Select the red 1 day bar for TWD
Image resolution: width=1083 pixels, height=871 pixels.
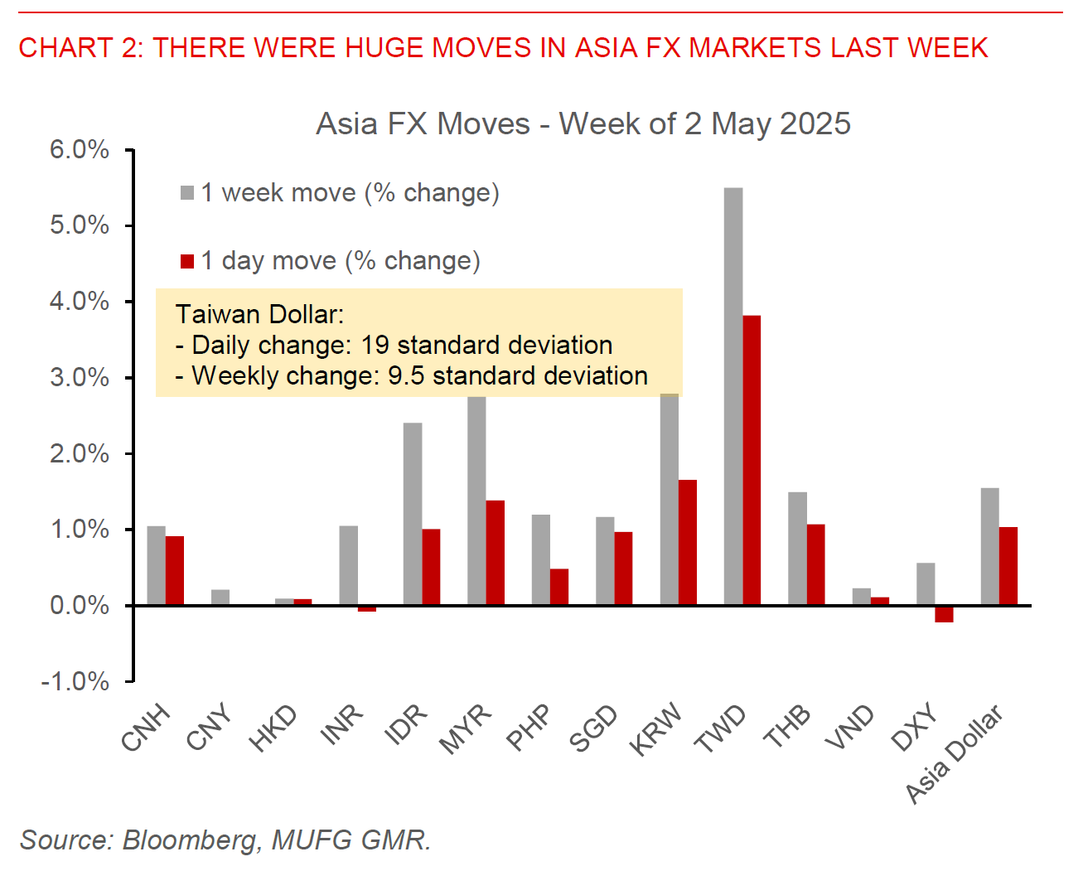tap(752, 460)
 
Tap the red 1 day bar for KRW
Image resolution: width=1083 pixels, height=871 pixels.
tap(688, 542)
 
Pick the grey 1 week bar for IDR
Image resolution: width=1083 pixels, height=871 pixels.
tap(412, 514)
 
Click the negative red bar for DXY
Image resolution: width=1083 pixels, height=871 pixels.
tap(944, 614)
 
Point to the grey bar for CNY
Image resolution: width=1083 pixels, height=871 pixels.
tap(220, 598)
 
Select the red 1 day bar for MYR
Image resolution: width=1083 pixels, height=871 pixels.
tap(495, 553)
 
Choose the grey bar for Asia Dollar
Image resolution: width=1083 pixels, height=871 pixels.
tap(989, 546)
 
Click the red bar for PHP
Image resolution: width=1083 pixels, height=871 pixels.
tap(559, 587)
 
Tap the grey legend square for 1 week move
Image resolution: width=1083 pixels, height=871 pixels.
tap(187, 193)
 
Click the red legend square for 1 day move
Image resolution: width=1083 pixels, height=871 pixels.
tap(187, 262)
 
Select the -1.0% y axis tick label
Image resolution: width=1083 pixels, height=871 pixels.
tap(75, 682)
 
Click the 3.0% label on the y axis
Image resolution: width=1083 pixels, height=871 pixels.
tap(80, 378)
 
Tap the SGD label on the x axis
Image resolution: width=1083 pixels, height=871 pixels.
tap(593, 728)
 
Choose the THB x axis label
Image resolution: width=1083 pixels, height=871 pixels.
tap(786, 727)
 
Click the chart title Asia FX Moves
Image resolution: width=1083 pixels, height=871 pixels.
tap(583, 124)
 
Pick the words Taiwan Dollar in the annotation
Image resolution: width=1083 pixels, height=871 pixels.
tap(259, 314)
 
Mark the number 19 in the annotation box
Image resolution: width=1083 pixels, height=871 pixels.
tap(375, 345)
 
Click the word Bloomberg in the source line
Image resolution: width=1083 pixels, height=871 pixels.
tap(191, 840)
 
